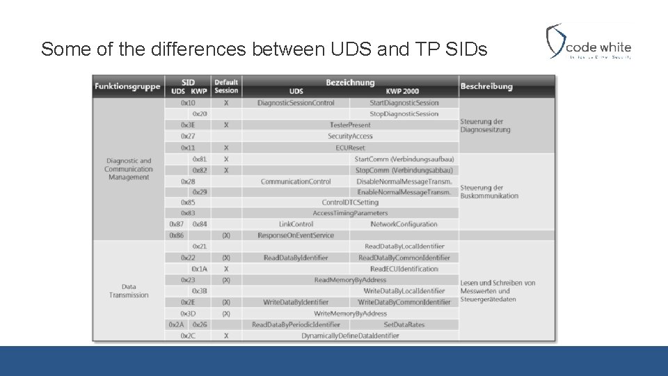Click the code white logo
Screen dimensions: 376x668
click(589, 42)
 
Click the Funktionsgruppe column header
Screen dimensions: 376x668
click(128, 86)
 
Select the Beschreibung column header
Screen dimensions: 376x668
click(486, 86)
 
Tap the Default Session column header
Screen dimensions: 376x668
click(226, 86)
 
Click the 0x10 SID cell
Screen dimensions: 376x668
click(188, 103)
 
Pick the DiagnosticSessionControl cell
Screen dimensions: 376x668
click(296, 103)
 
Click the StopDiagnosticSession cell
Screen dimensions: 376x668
click(404, 113)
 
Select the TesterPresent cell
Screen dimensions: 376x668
click(350, 125)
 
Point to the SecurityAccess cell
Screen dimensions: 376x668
click(350, 136)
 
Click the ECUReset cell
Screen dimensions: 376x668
click(350, 148)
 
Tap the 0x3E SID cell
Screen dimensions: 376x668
click(188, 125)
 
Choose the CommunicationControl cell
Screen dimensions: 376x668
click(296, 182)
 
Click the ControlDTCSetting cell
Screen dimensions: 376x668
click(350, 203)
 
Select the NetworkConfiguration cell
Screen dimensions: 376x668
click(404, 224)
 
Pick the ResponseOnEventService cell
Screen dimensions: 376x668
click(296, 235)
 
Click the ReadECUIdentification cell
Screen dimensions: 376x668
click(404, 269)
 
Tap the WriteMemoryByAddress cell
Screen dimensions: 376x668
click(350, 313)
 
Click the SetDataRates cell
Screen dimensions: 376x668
click(404, 324)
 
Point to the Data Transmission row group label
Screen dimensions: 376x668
click(129, 290)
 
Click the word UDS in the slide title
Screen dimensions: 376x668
click(343, 49)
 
